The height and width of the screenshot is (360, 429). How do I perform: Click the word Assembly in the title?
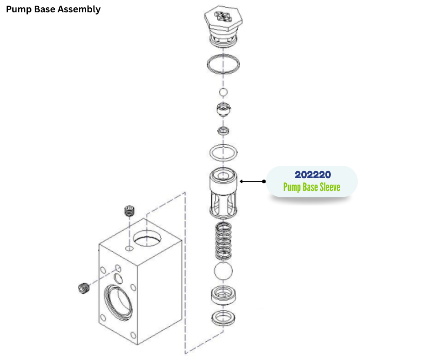pyautogui.click(x=79, y=9)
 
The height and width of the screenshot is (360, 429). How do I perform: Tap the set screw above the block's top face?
pyautogui.click(x=130, y=212)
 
